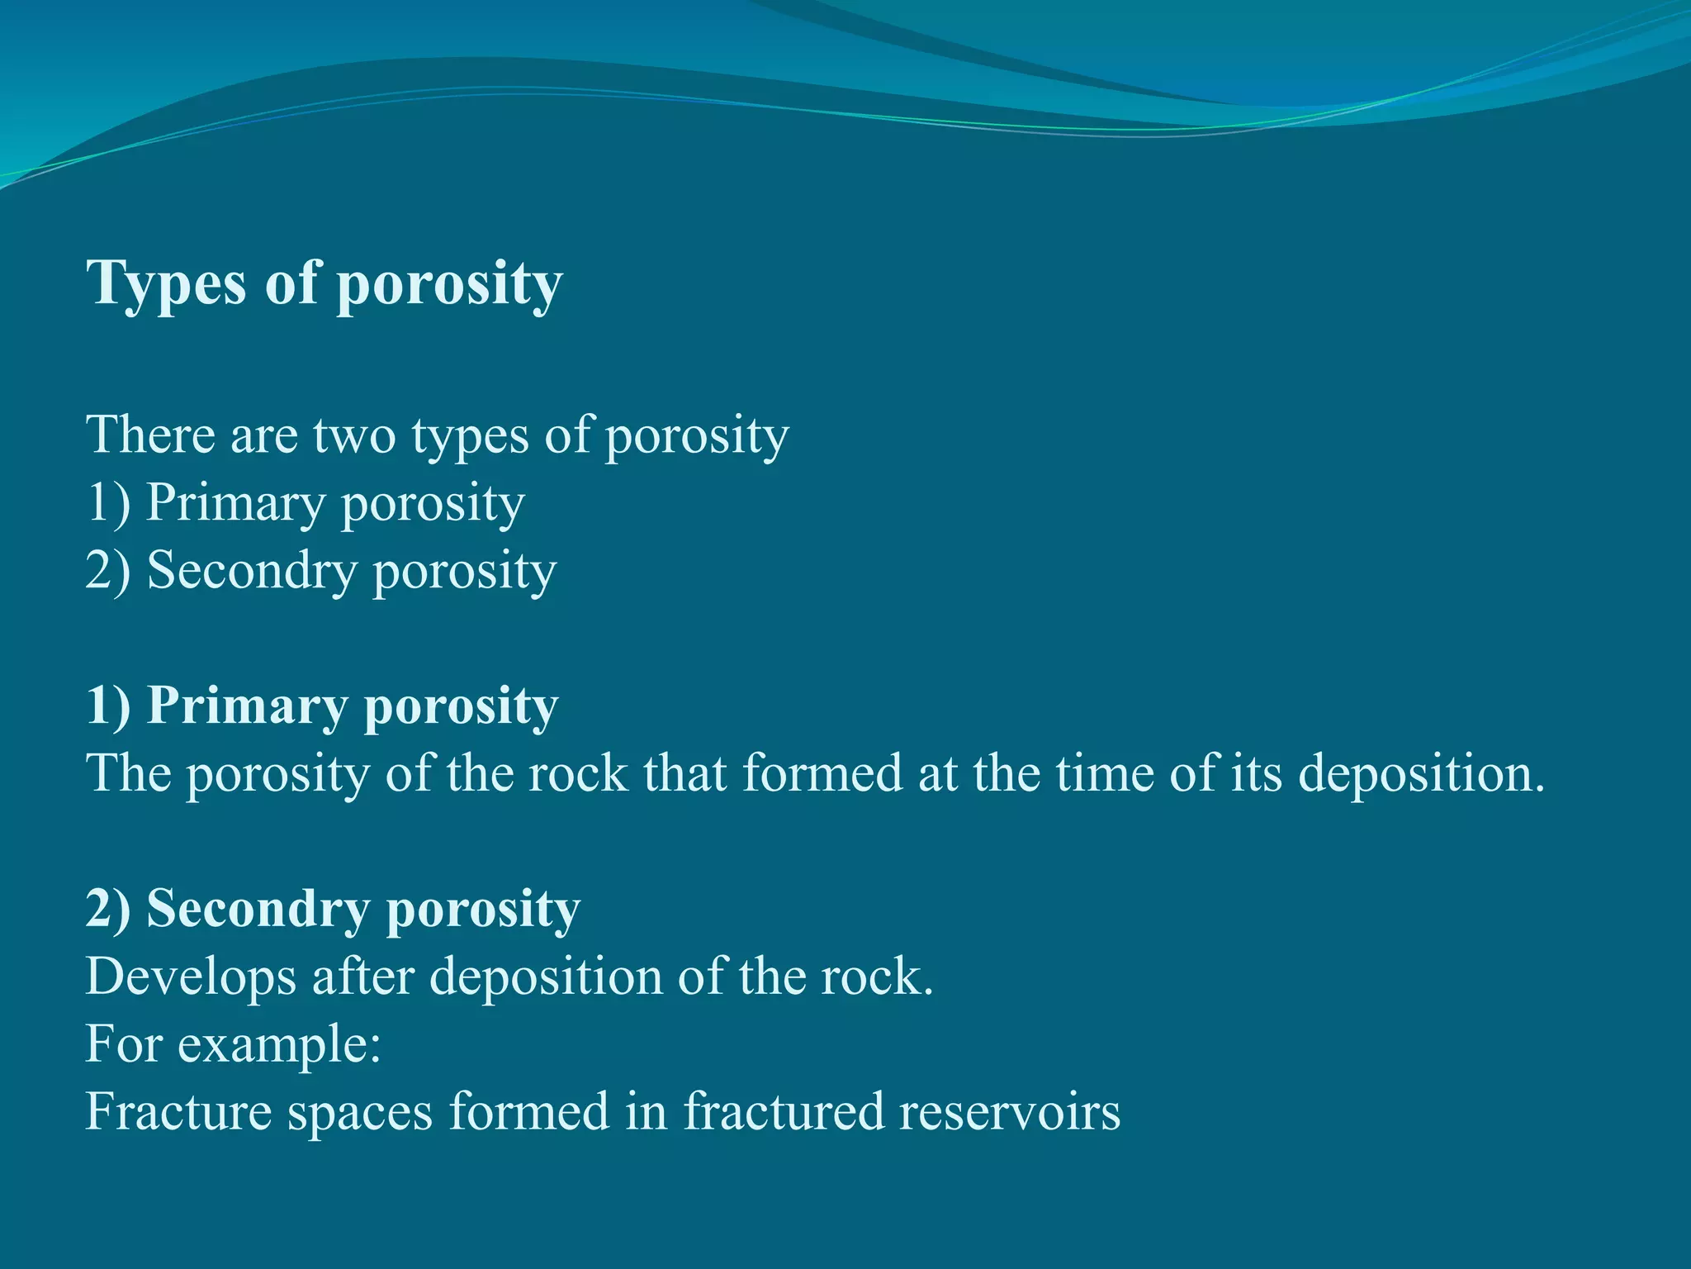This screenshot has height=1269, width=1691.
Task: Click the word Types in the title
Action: click(x=167, y=283)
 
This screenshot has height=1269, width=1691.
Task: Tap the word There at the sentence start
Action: click(x=149, y=435)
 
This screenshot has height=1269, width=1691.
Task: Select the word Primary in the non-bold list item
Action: click(x=235, y=503)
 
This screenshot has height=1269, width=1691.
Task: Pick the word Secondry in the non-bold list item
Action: click(x=252, y=571)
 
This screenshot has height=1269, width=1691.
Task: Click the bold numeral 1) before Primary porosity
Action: click(x=108, y=706)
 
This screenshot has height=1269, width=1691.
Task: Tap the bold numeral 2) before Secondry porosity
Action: click(x=108, y=910)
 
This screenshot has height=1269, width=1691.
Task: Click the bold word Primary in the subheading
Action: click(x=247, y=706)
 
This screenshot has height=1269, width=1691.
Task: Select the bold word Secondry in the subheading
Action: click(x=258, y=910)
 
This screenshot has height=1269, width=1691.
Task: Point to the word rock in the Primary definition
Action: click(x=578, y=774)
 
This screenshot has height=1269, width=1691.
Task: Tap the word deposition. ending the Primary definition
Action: click(x=1420, y=774)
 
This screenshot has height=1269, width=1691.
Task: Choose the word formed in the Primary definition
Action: click(x=822, y=774)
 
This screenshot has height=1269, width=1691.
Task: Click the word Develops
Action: click(x=191, y=977)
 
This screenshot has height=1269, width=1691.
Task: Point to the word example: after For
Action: click(x=279, y=1045)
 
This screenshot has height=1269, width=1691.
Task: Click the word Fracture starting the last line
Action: click(x=178, y=1113)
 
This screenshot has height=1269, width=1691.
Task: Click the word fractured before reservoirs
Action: click(x=783, y=1113)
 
